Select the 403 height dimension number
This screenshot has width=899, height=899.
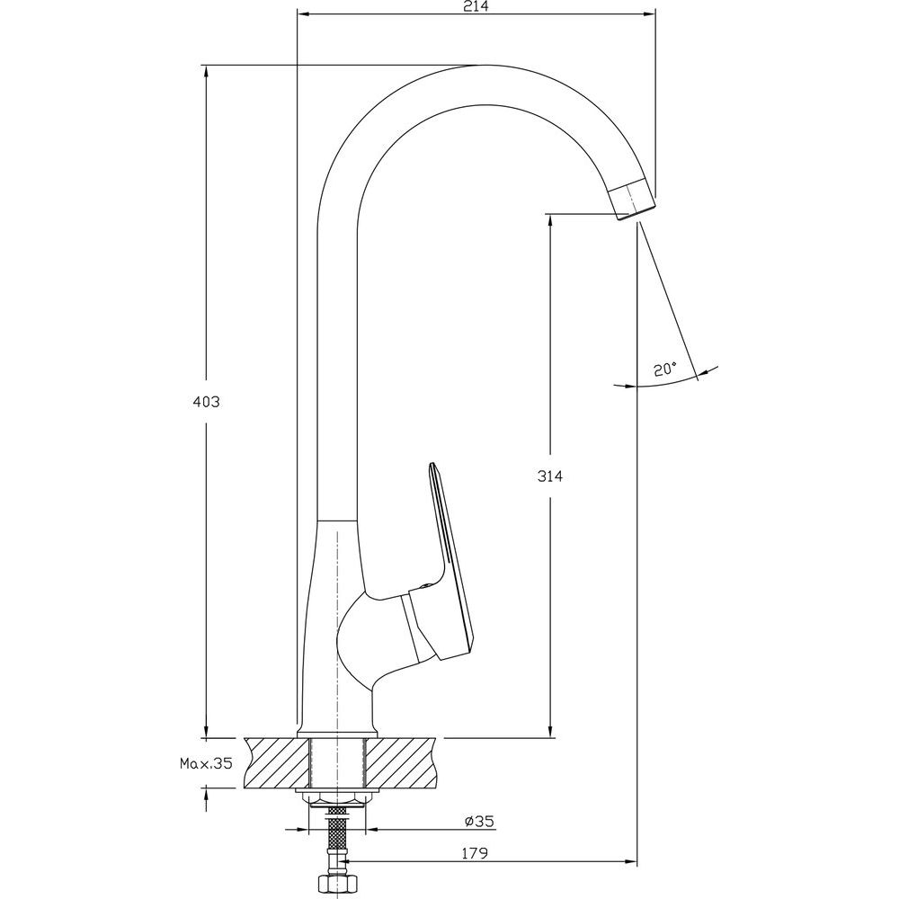pos(206,402)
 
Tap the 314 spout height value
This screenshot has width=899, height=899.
pos(550,476)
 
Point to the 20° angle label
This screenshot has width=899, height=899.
pos(665,369)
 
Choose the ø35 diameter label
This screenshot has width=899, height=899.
pos(479,821)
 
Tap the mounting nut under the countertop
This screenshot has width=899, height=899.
pos(338,798)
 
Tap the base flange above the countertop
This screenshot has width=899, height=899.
pos(338,734)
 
